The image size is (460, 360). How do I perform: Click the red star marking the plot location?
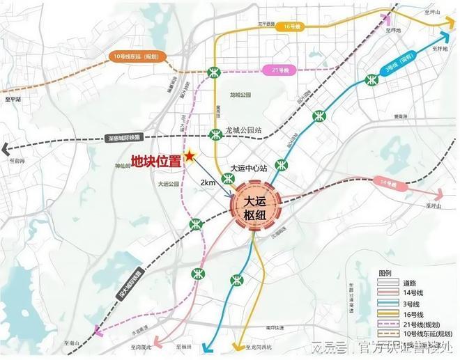(x=188, y=156)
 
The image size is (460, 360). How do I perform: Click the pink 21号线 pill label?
(x=280, y=70)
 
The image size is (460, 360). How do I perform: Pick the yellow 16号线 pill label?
(x=291, y=26)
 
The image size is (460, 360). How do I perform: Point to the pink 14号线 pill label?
(x=388, y=183)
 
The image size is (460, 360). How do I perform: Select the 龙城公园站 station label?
(x=243, y=130)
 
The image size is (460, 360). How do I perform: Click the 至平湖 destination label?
(x=13, y=100)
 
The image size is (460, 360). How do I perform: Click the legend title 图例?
(x=385, y=273)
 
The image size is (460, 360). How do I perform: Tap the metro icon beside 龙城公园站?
(x=216, y=134)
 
